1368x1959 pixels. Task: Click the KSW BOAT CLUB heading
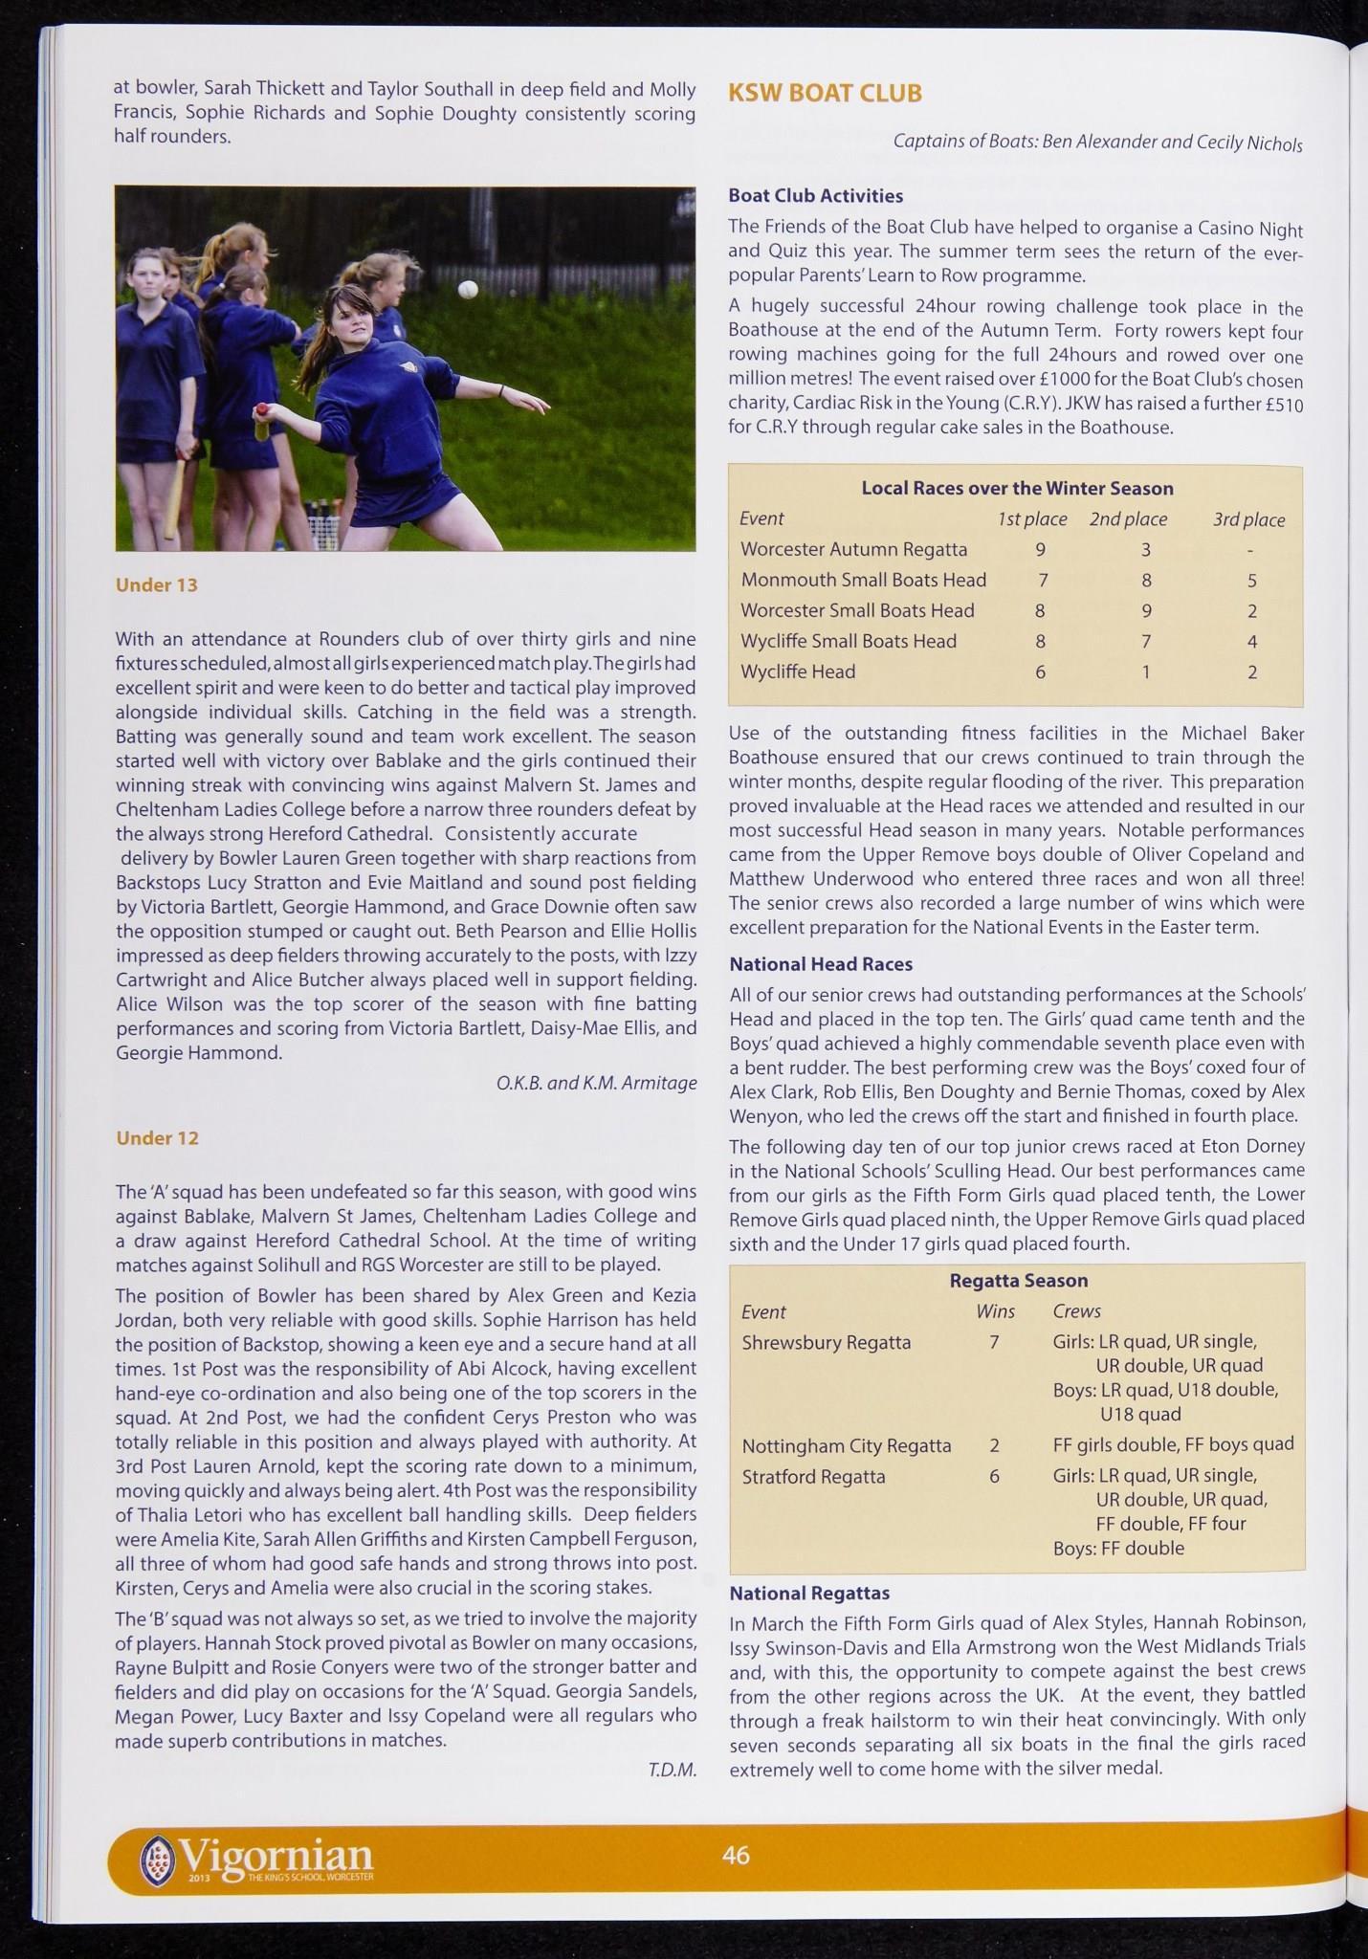[825, 94]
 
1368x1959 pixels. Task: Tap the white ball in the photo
[468, 289]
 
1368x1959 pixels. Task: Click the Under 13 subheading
[156, 584]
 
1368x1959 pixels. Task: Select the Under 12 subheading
[157, 1137]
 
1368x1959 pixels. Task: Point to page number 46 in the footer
[736, 1855]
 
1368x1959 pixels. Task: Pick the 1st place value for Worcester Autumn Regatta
[1040, 550]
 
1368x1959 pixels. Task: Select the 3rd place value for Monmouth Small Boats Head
[1251, 581]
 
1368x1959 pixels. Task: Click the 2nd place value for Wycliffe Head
[1145, 672]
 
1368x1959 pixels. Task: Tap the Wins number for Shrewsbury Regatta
[994, 1342]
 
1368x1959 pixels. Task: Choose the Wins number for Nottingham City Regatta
[994, 1445]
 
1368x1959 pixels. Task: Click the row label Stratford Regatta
[813, 1476]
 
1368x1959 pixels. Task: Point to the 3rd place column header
[1248, 519]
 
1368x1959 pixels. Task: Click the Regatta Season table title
[1018, 1280]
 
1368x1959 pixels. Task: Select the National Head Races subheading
[821, 964]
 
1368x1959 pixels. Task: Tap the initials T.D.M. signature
[672, 1770]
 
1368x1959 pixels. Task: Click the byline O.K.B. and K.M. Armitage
[596, 1083]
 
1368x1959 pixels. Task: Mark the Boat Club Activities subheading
[815, 196]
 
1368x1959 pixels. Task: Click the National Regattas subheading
[809, 1593]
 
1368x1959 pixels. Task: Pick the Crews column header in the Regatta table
[1076, 1311]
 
